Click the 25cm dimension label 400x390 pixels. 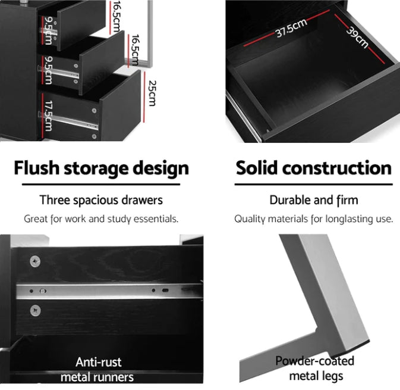[x=152, y=93]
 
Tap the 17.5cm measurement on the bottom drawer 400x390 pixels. [x=49, y=116]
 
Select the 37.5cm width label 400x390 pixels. [x=291, y=29]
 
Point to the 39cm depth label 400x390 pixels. [x=357, y=38]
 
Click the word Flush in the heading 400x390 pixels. [x=36, y=168]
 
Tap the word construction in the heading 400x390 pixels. [x=337, y=168]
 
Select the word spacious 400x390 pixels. [x=96, y=201]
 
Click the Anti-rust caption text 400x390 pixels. [x=99, y=362]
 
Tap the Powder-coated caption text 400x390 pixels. [x=315, y=361]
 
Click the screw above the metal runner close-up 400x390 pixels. [x=35, y=261]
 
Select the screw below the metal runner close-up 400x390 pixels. [x=35, y=311]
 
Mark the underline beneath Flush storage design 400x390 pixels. [x=101, y=184]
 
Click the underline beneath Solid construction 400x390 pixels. [x=313, y=184]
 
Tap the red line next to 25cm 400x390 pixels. [x=144, y=97]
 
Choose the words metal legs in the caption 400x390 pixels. [x=316, y=376]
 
